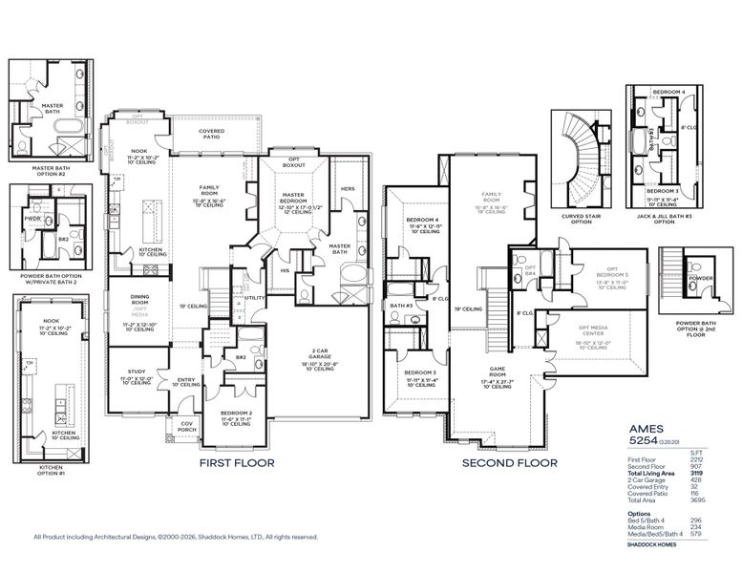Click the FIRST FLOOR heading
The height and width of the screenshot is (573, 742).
(236, 462)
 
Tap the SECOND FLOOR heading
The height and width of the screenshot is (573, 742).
(509, 462)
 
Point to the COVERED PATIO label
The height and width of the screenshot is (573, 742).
(211, 134)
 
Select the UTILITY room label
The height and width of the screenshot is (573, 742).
(254, 298)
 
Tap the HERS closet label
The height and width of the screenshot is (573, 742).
(347, 188)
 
